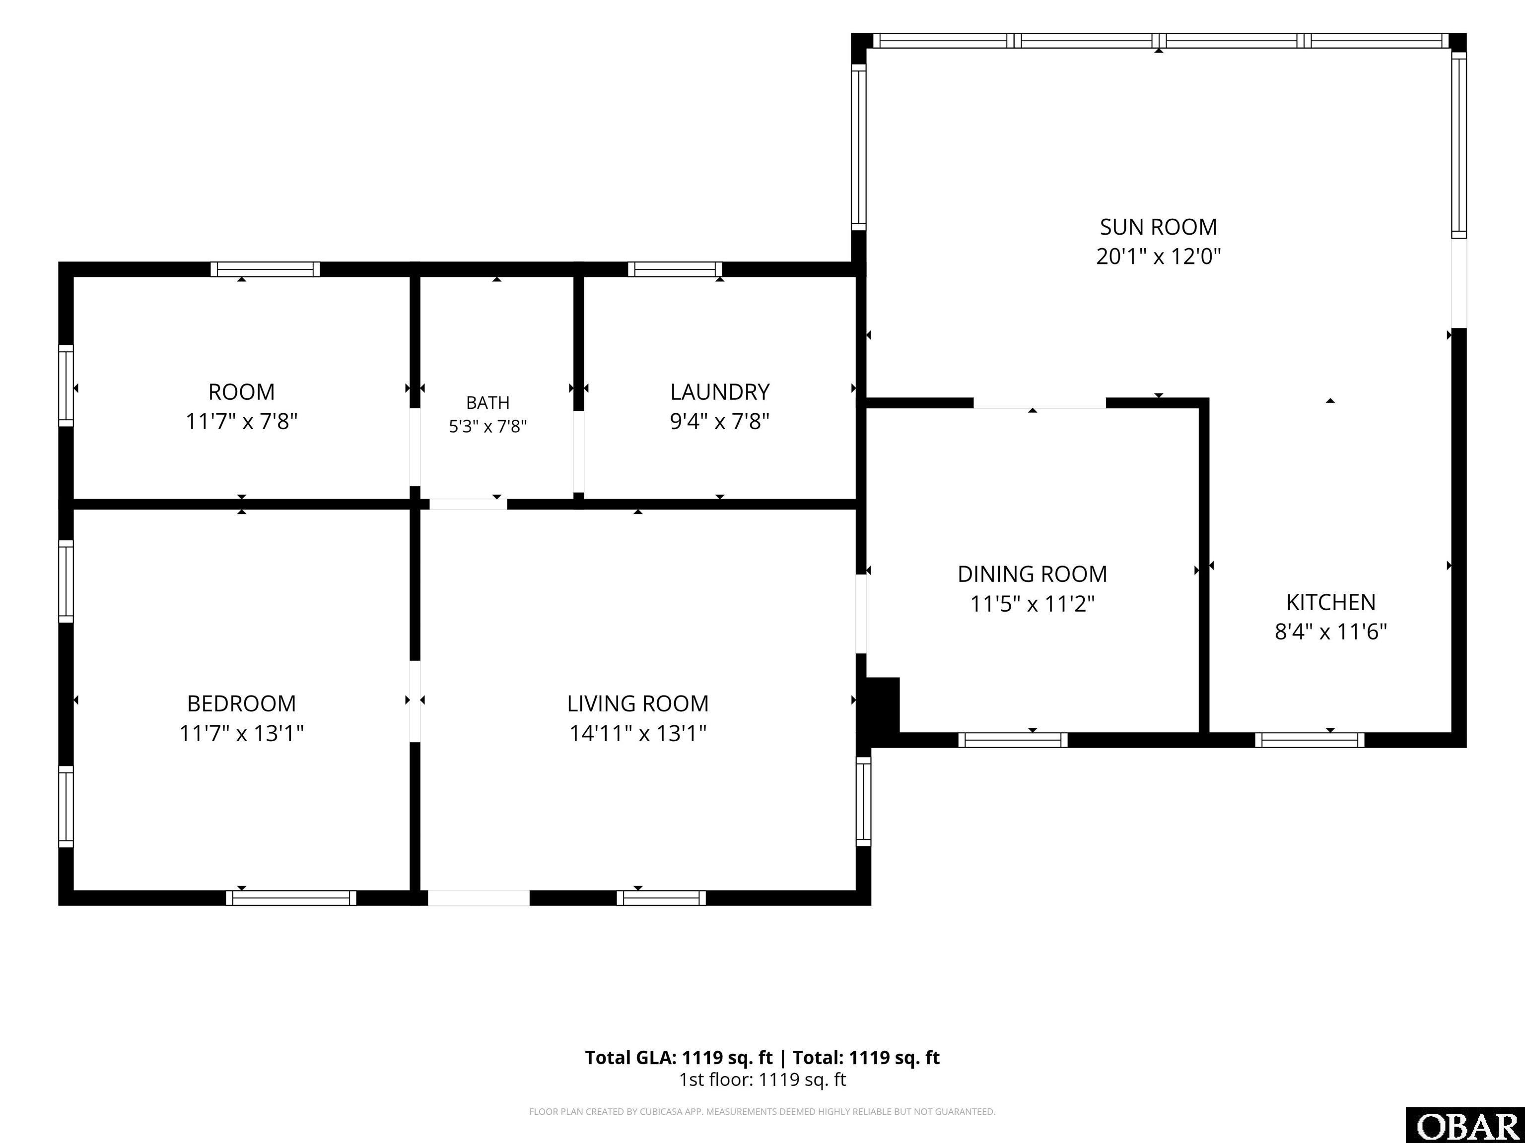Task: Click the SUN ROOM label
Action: [x=1158, y=227]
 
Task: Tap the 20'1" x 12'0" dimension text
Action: [x=1158, y=256]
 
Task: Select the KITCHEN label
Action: [x=1330, y=602]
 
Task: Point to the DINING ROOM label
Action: [x=1032, y=574]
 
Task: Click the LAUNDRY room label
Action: [x=720, y=391]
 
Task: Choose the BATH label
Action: [x=488, y=402]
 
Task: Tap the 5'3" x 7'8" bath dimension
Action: [x=488, y=427]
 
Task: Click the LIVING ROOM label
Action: [x=638, y=703]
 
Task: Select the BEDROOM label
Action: [x=241, y=703]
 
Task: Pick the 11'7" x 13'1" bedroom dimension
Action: [x=241, y=733]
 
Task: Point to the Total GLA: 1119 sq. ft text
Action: [x=679, y=1058]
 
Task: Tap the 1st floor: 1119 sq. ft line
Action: [x=762, y=1079]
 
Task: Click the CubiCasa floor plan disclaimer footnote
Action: [x=762, y=1111]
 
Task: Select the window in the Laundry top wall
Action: [x=675, y=269]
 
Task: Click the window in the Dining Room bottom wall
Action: [x=1013, y=740]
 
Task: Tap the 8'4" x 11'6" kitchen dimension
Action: [x=1330, y=632]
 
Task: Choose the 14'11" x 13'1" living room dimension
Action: [x=638, y=733]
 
